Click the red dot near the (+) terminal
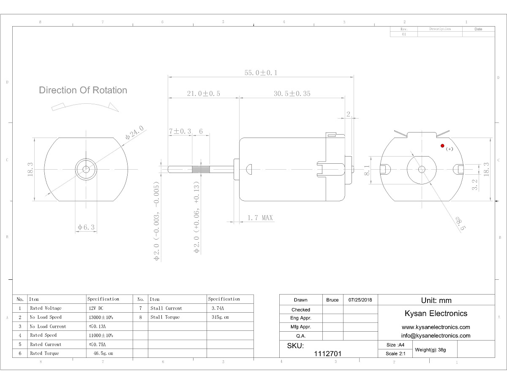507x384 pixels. tap(442, 146)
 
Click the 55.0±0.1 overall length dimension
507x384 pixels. tap(261, 73)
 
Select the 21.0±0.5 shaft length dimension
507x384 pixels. tap(204, 94)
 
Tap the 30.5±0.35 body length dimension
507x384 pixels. tap(292, 94)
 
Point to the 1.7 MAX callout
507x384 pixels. tap(260, 218)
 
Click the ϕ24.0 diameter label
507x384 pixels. tap(135, 133)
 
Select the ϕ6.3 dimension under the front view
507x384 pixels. tap(86, 227)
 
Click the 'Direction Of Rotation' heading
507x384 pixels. tap(83, 90)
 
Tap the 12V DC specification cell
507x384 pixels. tap(97, 308)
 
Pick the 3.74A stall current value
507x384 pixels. tap(218, 308)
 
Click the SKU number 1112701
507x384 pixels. tap(328, 354)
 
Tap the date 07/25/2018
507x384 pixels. tap(360, 300)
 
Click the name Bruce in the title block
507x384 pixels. tap(333, 300)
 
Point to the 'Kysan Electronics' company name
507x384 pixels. tap(436, 313)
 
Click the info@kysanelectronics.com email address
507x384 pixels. tap(436, 335)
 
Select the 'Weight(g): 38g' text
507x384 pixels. tap(431, 350)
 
